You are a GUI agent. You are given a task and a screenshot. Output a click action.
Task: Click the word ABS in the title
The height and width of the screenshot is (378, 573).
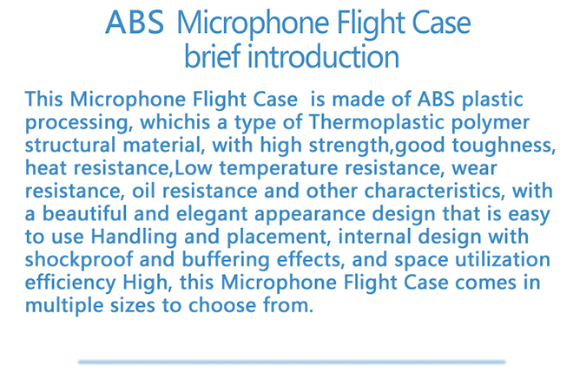coord(135,23)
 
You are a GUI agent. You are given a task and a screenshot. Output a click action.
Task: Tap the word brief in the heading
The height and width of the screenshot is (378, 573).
coord(212,56)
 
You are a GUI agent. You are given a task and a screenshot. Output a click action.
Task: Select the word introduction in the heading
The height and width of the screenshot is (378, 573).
coord(323,56)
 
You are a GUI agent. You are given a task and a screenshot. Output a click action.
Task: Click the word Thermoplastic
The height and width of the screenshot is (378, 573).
coord(377,122)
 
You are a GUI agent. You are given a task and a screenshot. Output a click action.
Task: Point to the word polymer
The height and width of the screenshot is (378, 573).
coord(490,123)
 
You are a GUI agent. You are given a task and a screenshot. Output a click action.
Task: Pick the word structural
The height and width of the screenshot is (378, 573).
coord(70,145)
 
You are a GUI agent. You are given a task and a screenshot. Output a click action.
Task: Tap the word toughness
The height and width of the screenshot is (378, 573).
coord(504,146)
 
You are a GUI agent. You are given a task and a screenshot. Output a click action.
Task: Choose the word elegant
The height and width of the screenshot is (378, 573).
coord(212,214)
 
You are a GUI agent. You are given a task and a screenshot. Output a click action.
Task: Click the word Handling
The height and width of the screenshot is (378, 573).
coord(134,238)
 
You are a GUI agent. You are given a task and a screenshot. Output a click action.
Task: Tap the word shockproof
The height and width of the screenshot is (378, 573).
coord(79,260)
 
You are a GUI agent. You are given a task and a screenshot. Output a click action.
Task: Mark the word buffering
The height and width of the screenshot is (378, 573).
coord(226,260)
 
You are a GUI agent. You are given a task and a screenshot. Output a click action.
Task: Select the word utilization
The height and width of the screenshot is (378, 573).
coord(503,259)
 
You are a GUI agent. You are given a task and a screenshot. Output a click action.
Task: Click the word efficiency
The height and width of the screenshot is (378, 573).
coord(70,283)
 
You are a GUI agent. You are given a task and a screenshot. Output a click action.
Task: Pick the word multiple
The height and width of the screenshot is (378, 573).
coord(64,305)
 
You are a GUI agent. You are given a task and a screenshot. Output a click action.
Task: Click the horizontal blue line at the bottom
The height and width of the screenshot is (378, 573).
coord(292,362)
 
